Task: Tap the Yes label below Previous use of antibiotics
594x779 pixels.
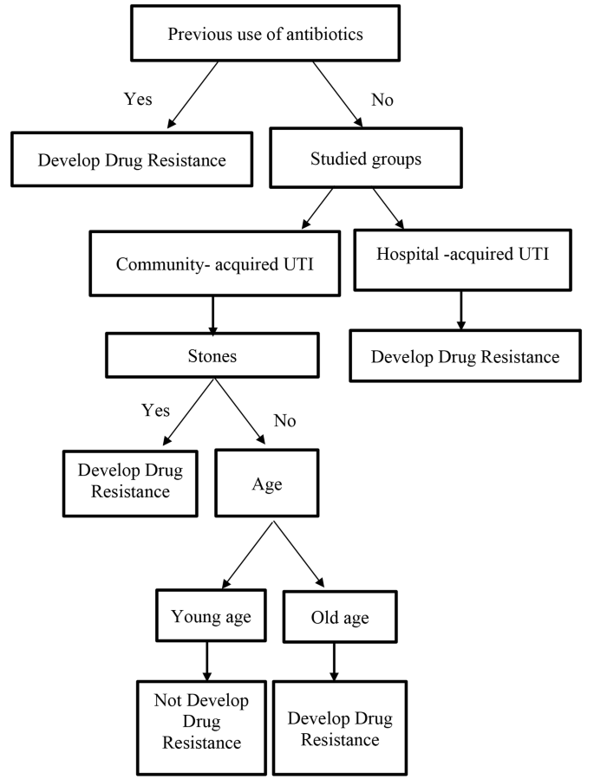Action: (x=138, y=99)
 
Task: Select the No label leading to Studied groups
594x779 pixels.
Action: (x=382, y=100)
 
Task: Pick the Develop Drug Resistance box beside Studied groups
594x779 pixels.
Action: (x=131, y=159)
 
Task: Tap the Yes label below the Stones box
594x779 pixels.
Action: (x=156, y=410)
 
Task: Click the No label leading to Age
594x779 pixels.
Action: (x=284, y=421)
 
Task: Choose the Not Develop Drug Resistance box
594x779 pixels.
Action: (x=200, y=721)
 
